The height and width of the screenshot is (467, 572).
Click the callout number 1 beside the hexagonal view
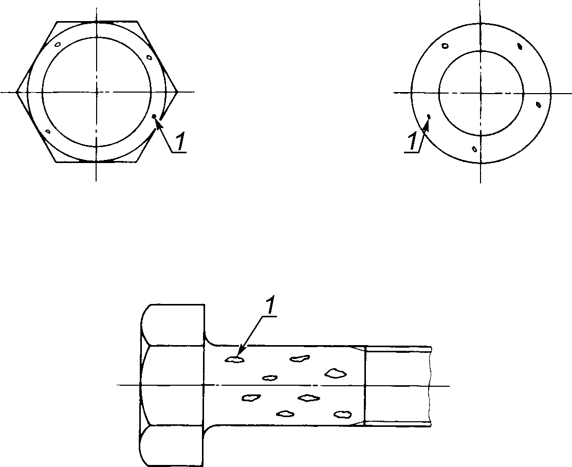[180, 142]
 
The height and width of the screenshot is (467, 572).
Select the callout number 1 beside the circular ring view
[412, 141]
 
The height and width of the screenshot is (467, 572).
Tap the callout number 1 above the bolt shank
[270, 307]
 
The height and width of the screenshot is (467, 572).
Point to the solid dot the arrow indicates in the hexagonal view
[154, 116]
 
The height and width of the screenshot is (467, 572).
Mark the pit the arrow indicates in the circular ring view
[429, 117]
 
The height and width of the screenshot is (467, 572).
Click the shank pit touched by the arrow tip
[234, 360]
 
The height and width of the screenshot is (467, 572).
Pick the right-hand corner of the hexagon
[178, 92]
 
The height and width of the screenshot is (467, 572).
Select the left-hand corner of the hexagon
[16, 92]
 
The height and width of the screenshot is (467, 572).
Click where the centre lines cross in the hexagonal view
[96, 92]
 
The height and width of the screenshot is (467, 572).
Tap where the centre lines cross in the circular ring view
[481, 93]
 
